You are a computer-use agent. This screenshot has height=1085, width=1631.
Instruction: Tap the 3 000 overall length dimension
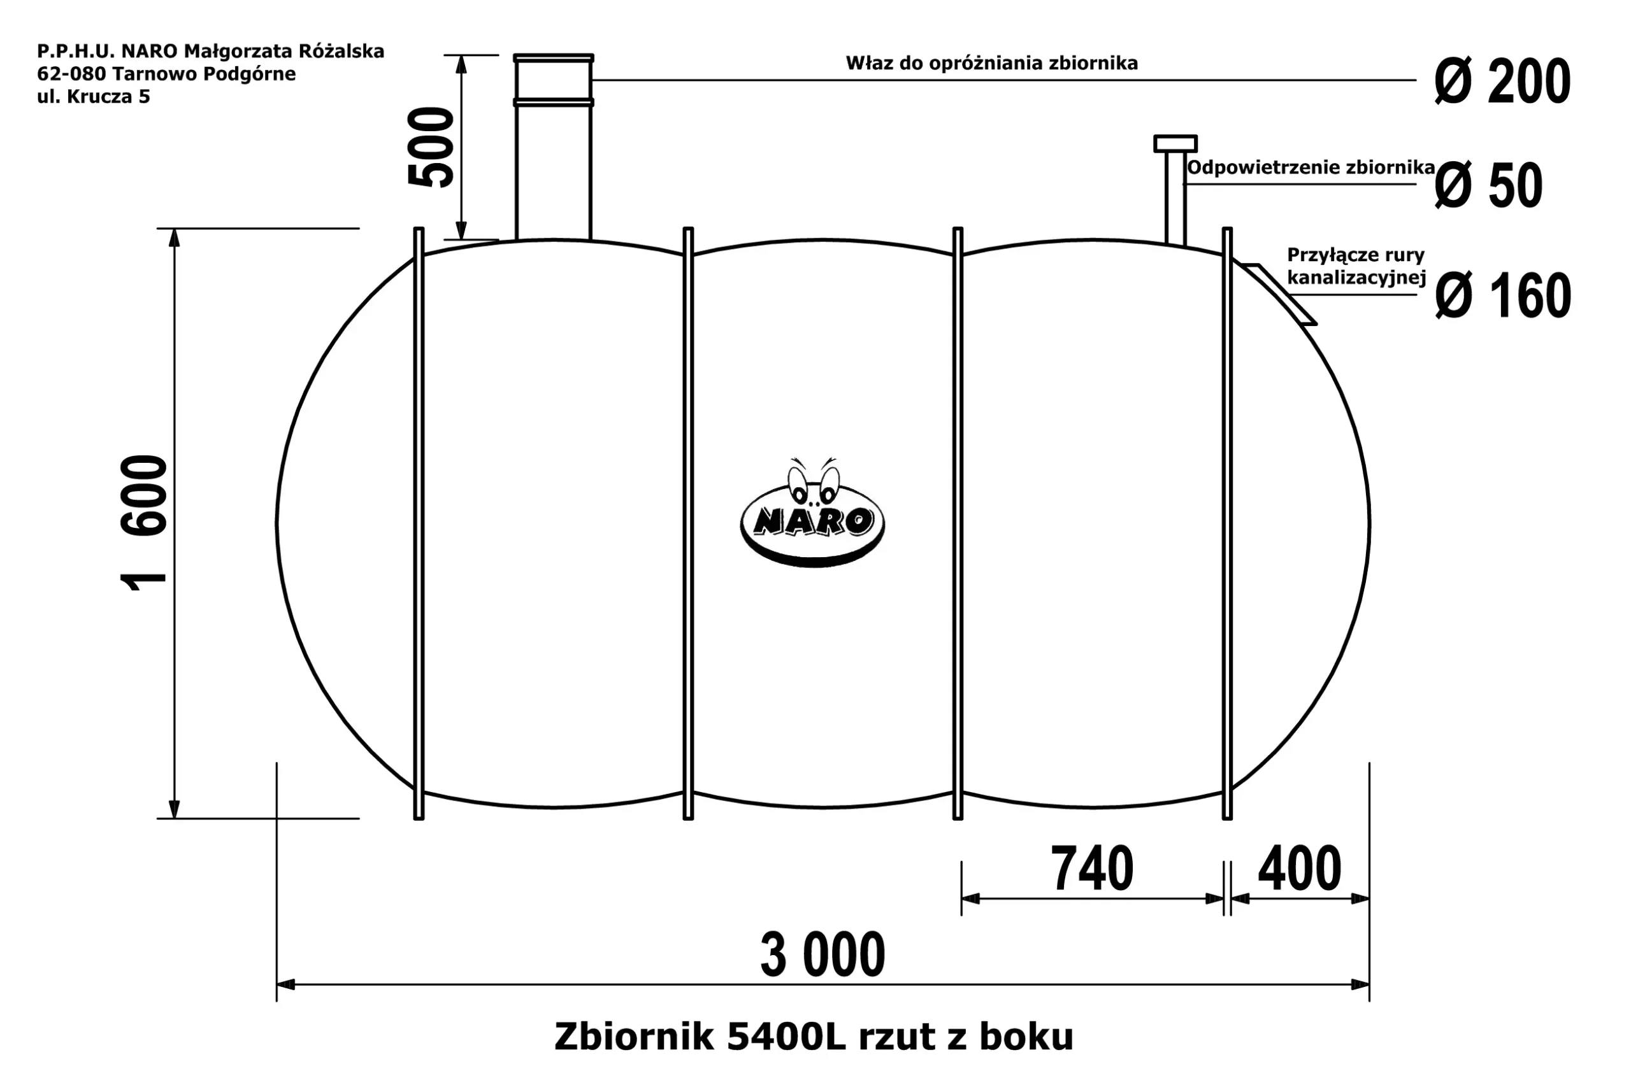tap(823, 955)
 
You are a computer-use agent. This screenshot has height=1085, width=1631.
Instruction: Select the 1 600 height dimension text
tap(144, 522)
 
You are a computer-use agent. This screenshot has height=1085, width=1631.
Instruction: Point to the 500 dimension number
tap(431, 146)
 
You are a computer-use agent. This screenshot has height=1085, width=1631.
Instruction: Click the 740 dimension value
tap(1092, 869)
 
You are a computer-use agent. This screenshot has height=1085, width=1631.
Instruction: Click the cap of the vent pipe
tap(1175, 143)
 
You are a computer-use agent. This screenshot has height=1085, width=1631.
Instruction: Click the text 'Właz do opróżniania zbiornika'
tap(991, 64)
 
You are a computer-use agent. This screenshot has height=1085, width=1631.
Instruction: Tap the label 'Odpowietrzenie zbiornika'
tap(1310, 167)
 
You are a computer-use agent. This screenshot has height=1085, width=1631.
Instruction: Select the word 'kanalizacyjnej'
tap(1356, 278)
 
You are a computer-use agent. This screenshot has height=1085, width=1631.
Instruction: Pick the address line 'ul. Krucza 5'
tap(94, 97)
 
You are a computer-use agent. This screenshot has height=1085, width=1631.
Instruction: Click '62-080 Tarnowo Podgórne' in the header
tap(166, 74)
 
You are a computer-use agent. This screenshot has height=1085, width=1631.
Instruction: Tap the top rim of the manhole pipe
tap(553, 58)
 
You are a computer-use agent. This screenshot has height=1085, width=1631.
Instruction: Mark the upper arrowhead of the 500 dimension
tap(461, 64)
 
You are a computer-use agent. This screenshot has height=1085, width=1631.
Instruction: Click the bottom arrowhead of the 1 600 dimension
tap(175, 809)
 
